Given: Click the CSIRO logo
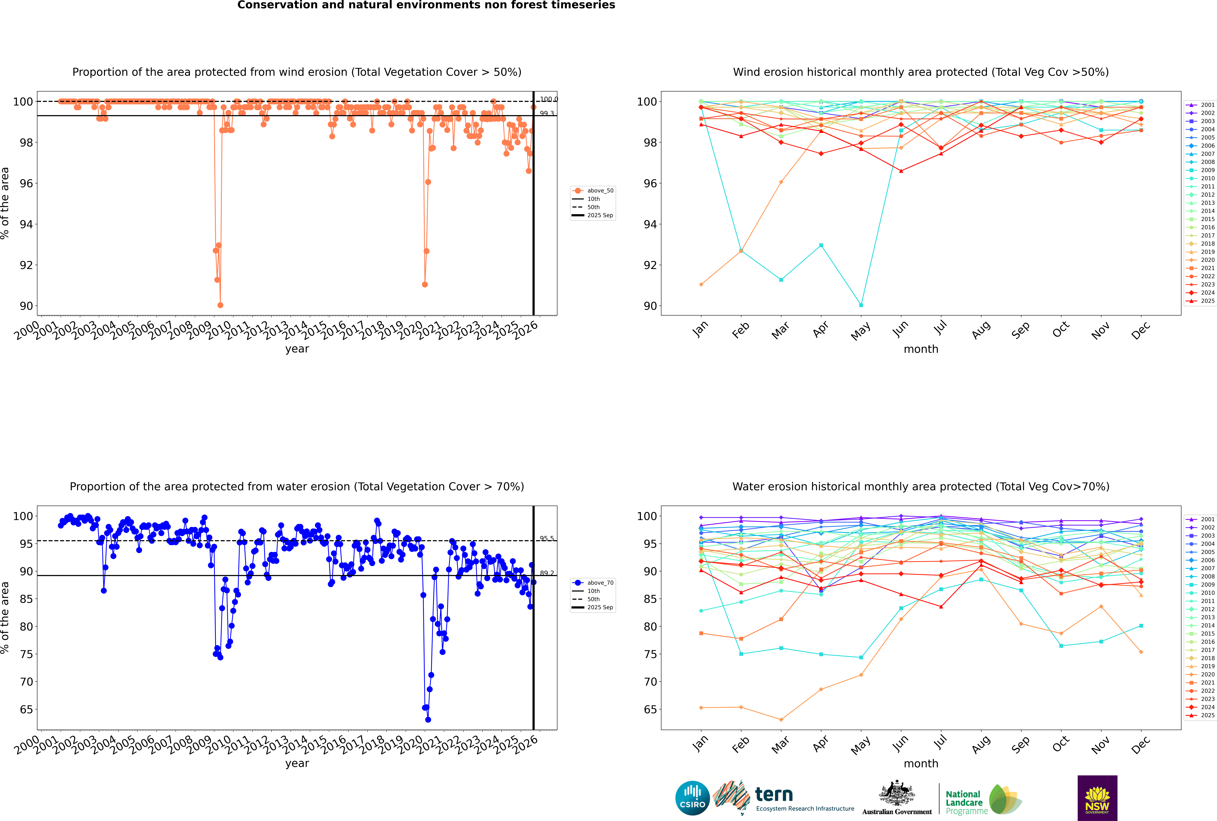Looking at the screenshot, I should pos(692,798).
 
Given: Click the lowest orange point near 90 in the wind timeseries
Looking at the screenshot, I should pos(220,305).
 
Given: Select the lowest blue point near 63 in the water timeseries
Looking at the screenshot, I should pos(428,719).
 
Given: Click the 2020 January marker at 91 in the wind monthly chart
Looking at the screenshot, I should pos(701,284).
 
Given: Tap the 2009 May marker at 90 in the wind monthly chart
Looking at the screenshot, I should pos(861,305).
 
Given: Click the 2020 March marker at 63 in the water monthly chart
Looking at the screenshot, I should pos(781,719).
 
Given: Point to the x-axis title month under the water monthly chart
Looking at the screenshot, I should pos(921,763).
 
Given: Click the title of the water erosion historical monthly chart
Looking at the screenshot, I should pos(921,486).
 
